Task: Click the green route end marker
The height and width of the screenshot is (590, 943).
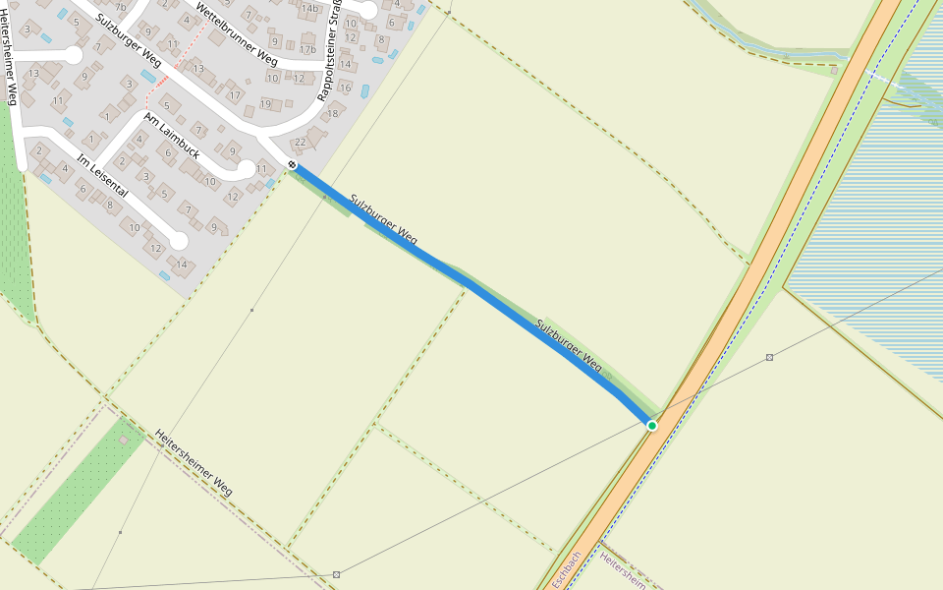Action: pyautogui.click(x=651, y=425)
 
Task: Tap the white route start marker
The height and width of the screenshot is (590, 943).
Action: pyautogui.click(x=292, y=164)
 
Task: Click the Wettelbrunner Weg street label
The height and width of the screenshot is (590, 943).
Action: pyautogui.click(x=236, y=31)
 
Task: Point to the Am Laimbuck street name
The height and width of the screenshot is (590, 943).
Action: pyautogui.click(x=172, y=136)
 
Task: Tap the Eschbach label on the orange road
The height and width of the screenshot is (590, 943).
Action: pyautogui.click(x=567, y=569)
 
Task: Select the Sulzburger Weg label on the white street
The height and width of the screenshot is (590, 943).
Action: pyautogui.click(x=128, y=39)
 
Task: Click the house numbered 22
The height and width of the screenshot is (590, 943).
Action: pyautogui.click(x=301, y=143)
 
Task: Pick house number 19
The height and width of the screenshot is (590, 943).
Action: pyautogui.click(x=265, y=104)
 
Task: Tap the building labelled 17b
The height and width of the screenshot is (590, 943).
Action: pyautogui.click(x=307, y=49)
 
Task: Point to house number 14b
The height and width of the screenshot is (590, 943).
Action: pyautogui.click(x=310, y=9)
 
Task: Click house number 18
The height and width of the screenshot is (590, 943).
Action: pyautogui.click(x=332, y=113)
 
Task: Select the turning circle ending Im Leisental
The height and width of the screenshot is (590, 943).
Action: pyautogui.click(x=178, y=241)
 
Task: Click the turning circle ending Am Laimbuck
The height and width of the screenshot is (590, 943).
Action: pyautogui.click(x=243, y=170)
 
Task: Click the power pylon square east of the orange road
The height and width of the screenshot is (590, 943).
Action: pyautogui.click(x=769, y=357)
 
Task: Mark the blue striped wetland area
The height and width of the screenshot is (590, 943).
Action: pyautogui.click(x=864, y=226)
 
